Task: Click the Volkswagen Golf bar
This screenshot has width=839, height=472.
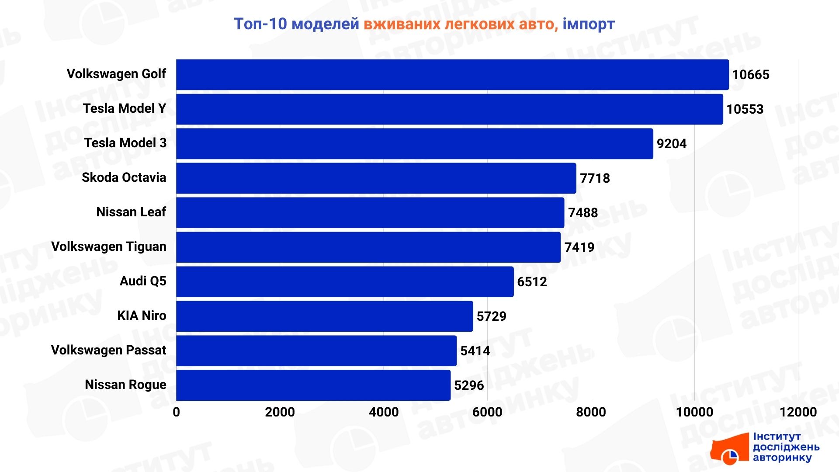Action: [x=452, y=75]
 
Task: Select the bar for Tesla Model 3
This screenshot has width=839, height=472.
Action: [x=414, y=144]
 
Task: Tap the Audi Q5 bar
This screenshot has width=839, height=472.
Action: [x=345, y=282]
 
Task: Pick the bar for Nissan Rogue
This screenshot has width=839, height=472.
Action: [x=313, y=385]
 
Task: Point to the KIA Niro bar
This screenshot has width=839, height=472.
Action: [x=324, y=316]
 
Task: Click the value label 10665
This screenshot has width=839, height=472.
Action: [x=750, y=75]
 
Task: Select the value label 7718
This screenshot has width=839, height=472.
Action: [x=594, y=178]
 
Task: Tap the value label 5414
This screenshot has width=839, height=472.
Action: [x=475, y=351]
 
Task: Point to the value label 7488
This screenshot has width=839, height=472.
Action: [x=582, y=213]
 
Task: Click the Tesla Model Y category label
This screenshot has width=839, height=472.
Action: [x=125, y=108]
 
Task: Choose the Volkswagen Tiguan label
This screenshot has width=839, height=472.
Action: [x=109, y=246]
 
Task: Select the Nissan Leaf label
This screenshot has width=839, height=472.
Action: [x=131, y=212]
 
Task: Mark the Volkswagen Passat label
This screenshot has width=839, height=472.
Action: [x=108, y=350]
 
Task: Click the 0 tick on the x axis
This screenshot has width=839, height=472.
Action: [x=176, y=412]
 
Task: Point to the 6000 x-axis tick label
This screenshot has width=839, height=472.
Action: [x=487, y=412]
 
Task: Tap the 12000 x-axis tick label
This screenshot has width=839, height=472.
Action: [x=798, y=412]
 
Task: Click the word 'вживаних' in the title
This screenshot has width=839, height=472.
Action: [x=402, y=24]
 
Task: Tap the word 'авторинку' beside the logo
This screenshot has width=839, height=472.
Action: [x=782, y=458]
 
